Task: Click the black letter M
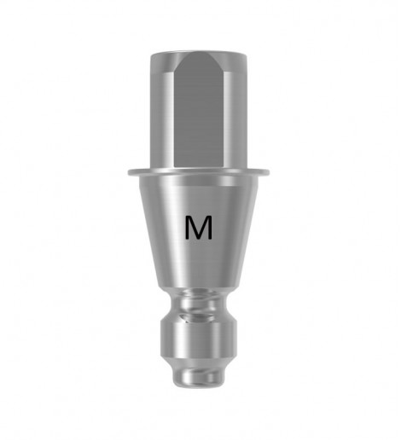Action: pyautogui.click(x=199, y=227)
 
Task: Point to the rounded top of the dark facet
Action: pyautogui.click(x=199, y=57)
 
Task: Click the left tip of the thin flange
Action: pyautogui.click(x=129, y=172)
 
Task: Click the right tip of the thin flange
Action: pyautogui.click(x=268, y=172)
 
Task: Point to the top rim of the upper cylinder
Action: pyautogui.click(x=199, y=53)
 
